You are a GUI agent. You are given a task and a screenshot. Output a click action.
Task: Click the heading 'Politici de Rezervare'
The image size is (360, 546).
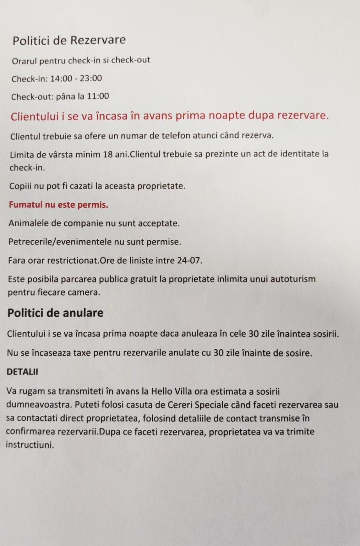(69, 40)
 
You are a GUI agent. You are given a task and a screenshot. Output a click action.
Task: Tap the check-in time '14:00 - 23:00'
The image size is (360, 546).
(76, 78)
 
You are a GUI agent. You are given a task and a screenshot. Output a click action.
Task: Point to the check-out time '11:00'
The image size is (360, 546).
(98, 96)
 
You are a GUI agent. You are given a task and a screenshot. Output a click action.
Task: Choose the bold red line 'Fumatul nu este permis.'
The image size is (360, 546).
(59, 205)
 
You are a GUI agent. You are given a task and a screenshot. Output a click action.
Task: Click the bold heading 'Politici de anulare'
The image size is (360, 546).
(55, 313)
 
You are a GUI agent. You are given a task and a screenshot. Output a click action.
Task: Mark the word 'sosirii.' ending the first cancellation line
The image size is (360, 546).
(325, 334)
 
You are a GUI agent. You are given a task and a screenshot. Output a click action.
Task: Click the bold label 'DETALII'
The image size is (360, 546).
(22, 372)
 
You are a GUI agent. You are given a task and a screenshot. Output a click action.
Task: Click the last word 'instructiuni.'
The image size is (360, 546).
(30, 445)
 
